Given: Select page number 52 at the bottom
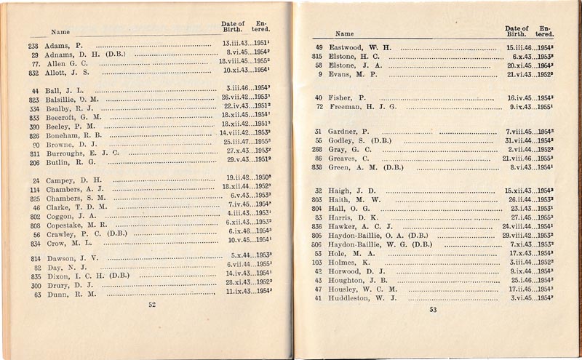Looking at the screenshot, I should pos(152,305).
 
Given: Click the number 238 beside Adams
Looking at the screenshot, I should pos(33,45).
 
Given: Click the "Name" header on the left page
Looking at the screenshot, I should pos(60,31).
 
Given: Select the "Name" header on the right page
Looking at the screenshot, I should pos(344,34).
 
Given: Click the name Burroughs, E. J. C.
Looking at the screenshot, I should pos(80,153).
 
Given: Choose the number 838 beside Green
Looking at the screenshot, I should pos(316,167).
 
